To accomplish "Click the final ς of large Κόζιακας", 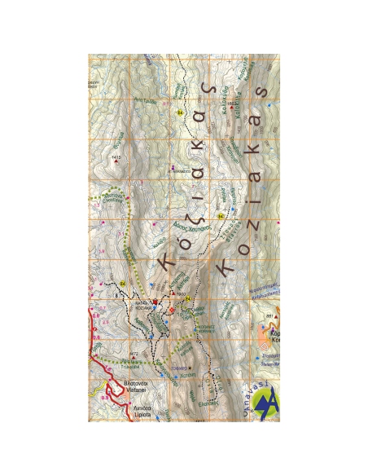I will [210, 87].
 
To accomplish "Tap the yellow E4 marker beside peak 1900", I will [189, 299].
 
